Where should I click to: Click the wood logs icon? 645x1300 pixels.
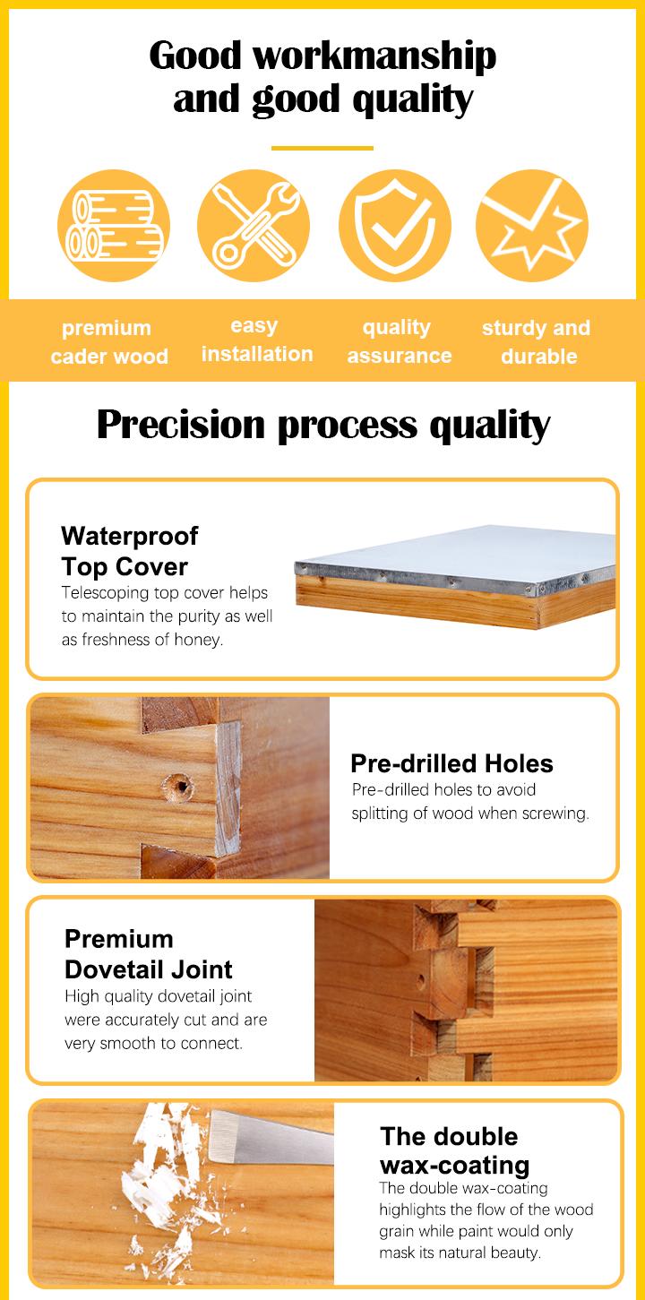point(113,226)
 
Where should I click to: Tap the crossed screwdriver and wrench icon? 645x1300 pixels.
point(254,226)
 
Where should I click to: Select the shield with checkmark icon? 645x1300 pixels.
point(394,226)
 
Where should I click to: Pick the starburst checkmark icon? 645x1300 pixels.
point(532,226)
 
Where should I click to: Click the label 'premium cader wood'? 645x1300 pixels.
point(108,342)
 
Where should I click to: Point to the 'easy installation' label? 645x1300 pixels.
point(256,340)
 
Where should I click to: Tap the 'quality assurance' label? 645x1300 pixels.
point(399,341)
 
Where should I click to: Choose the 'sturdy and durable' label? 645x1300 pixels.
point(537,342)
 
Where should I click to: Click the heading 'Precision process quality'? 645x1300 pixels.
point(322,425)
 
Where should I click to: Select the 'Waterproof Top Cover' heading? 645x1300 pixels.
point(129,551)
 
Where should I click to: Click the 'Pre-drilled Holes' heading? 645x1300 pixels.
point(451,763)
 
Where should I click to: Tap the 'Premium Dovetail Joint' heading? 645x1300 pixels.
point(149,954)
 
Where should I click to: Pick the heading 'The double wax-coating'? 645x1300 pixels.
point(453,1150)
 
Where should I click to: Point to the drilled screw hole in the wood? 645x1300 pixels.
point(177,788)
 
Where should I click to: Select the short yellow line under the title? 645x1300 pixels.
point(322,149)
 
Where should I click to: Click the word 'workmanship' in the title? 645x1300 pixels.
point(374,56)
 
